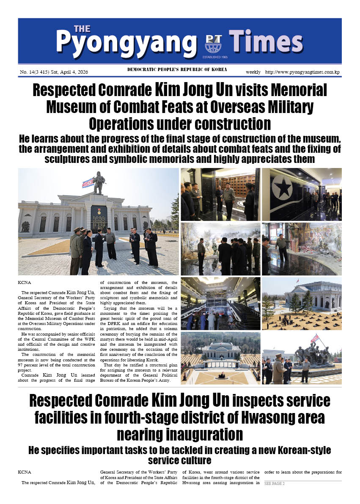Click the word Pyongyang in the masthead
coord(126,42)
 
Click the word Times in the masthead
coord(266,42)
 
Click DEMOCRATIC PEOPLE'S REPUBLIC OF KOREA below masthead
coord(177,69)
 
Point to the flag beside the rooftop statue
coord(88,182)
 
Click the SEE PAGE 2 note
coord(274,484)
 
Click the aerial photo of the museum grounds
coord(220,358)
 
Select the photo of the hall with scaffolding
coord(220,303)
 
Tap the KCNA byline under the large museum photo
coord(25,281)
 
